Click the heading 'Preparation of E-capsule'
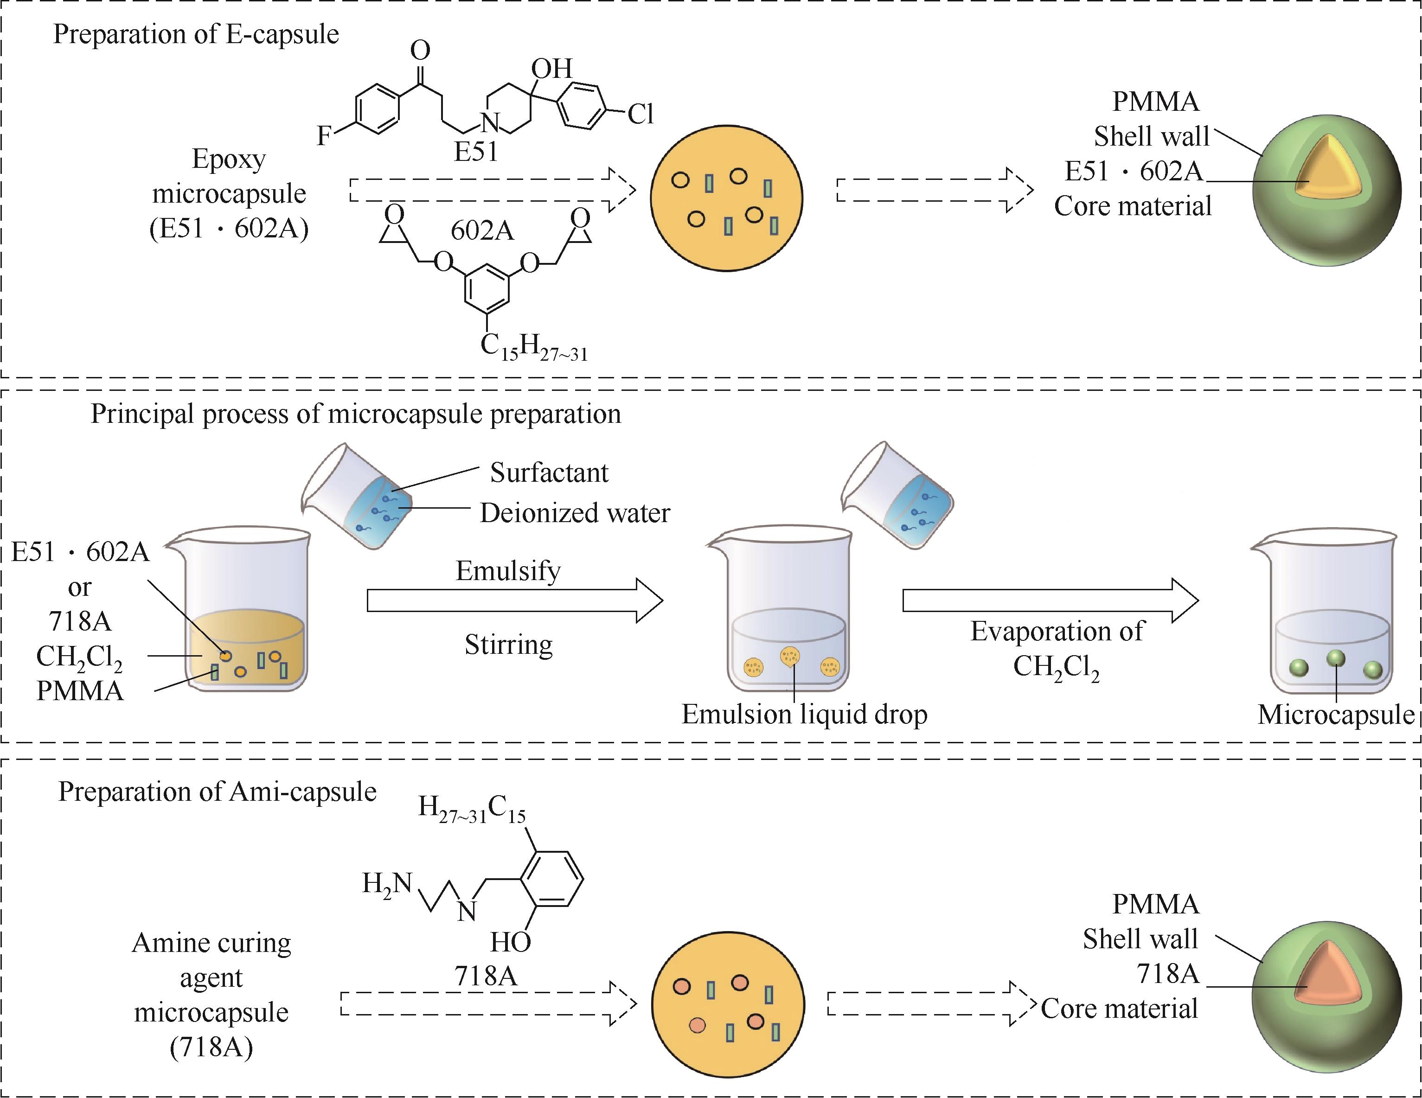pyautogui.click(x=196, y=34)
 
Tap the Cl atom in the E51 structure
pyautogui.click(x=640, y=115)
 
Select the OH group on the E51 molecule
pyautogui.click(x=551, y=68)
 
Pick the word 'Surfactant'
pyautogui.click(x=549, y=472)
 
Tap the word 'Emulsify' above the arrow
pyautogui.click(x=508, y=571)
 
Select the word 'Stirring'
pyautogui.click(x=508, y=645)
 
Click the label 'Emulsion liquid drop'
pyautogui.click(x=804, y=714)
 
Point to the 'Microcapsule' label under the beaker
pyautogui.click(x=1335, y=714)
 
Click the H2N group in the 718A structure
pyautogui.click(x=387, y=883)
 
